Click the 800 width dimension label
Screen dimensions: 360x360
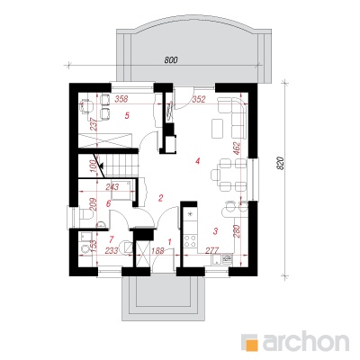point(171,60)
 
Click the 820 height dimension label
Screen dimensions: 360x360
point(280,164)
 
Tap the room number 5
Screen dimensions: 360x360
point(127,115)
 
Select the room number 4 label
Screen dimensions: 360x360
point(197,161)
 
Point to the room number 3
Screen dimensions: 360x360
point(215,231)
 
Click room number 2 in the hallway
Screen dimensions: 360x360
point(160,198)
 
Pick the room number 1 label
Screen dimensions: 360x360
point(170,241)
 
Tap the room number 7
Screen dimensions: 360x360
point(112,239)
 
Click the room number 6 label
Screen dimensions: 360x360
point(109,203)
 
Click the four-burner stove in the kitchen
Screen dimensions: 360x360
point(191,240)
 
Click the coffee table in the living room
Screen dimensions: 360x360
point(217,128)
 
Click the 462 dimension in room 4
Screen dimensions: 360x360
point(237,149)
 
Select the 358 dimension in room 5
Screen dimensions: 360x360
point(121,98)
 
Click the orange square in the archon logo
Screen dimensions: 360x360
point(249,342)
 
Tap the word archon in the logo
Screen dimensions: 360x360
point(306,341)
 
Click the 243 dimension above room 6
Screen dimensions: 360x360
point(112,186)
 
